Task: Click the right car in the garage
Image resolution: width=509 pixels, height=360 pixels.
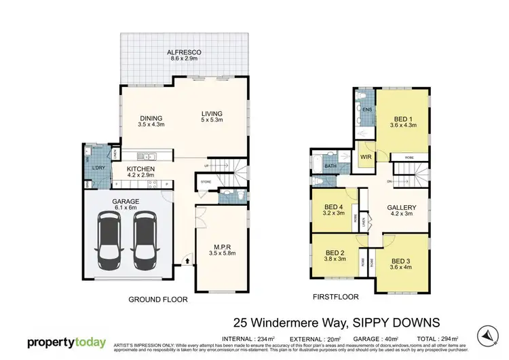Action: (144, 238)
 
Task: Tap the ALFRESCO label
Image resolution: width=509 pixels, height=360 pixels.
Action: (183, 52)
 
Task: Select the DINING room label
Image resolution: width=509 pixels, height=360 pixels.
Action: (151, 118)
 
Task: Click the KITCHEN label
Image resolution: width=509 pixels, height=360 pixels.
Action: (140, 168)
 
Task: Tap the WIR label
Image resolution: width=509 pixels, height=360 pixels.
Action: (366, 157)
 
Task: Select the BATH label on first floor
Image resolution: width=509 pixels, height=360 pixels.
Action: (331, 165)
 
